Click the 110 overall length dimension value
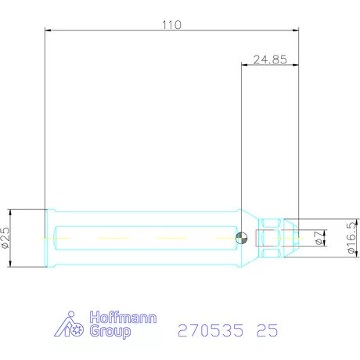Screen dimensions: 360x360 tap(171, 24)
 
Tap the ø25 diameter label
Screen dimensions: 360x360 tap(5, 238)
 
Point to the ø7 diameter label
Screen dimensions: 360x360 tap(318, 237)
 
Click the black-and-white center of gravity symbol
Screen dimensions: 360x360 tap(242, 238)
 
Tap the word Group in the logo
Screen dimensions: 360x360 tap(111, 331)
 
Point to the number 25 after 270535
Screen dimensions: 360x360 tap(266, 330)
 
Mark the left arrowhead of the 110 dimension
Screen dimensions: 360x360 tap(49, 30)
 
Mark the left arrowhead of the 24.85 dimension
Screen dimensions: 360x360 tap(246, 66)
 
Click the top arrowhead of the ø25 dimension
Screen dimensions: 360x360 tap(11, 212)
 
